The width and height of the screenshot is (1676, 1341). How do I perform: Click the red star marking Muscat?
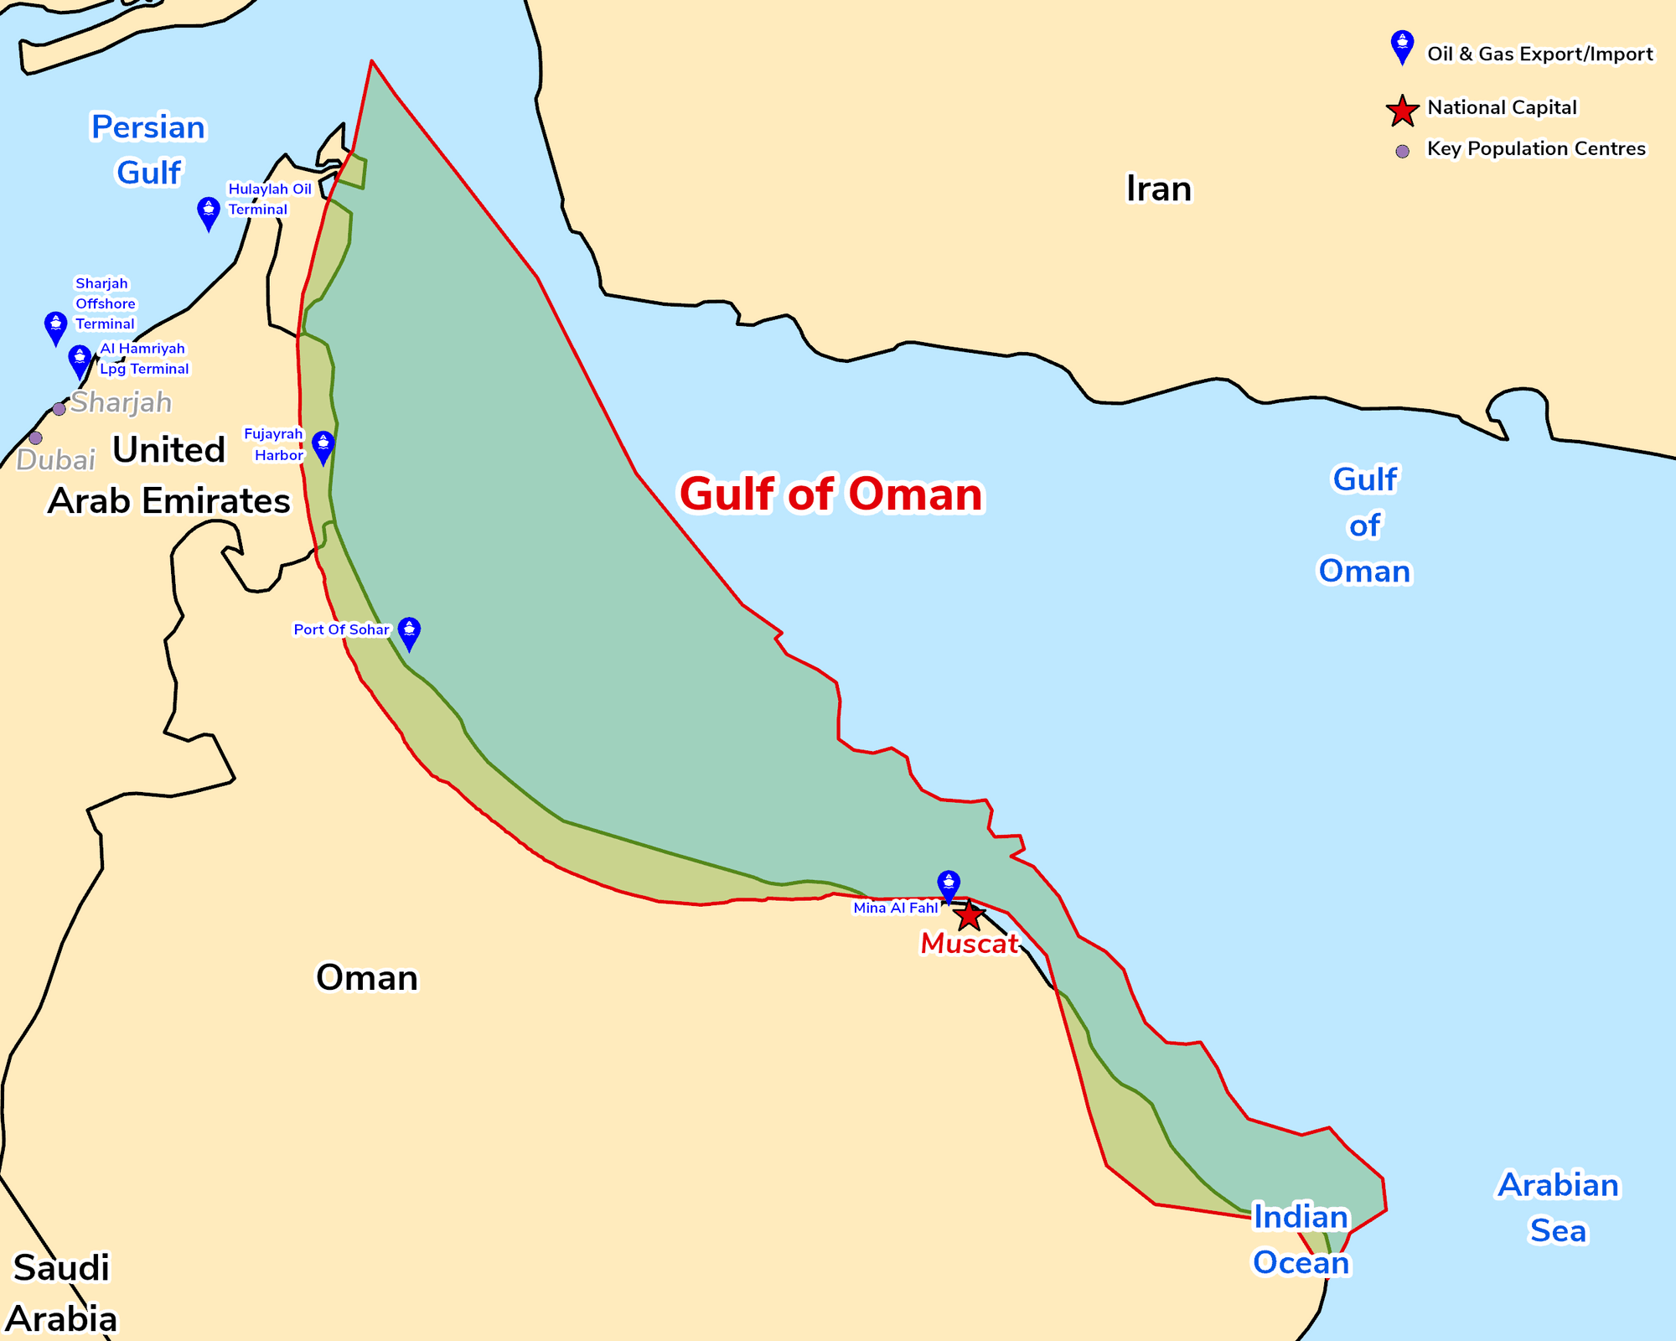970,915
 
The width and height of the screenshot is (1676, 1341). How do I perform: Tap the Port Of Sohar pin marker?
409,632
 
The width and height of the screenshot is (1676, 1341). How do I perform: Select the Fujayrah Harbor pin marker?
323,446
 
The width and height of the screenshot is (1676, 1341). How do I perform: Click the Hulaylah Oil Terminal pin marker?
209,212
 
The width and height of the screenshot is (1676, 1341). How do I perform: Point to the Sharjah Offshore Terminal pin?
55,326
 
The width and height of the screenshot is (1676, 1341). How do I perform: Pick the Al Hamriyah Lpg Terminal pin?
80,360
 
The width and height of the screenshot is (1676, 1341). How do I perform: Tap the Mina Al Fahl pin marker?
949,884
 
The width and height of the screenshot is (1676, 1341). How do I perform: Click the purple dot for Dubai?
35,438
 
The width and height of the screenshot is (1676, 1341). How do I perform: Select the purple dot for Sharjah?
59,409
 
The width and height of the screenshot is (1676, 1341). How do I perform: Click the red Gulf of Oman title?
830,494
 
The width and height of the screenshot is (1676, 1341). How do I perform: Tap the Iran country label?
1158,189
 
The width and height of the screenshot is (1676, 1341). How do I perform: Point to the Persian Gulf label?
148,150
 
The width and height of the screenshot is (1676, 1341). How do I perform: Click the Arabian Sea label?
1558,1208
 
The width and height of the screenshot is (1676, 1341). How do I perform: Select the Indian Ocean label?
1301,1240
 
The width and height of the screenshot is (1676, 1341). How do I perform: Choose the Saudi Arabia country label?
62,1293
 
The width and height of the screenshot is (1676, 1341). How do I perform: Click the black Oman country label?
366,977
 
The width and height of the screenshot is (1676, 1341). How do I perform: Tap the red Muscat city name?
969,944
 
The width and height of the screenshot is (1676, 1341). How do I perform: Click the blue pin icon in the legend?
1402,45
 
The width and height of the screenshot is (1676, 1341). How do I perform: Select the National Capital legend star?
1402,110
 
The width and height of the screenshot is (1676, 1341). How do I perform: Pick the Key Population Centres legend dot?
1402,152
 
